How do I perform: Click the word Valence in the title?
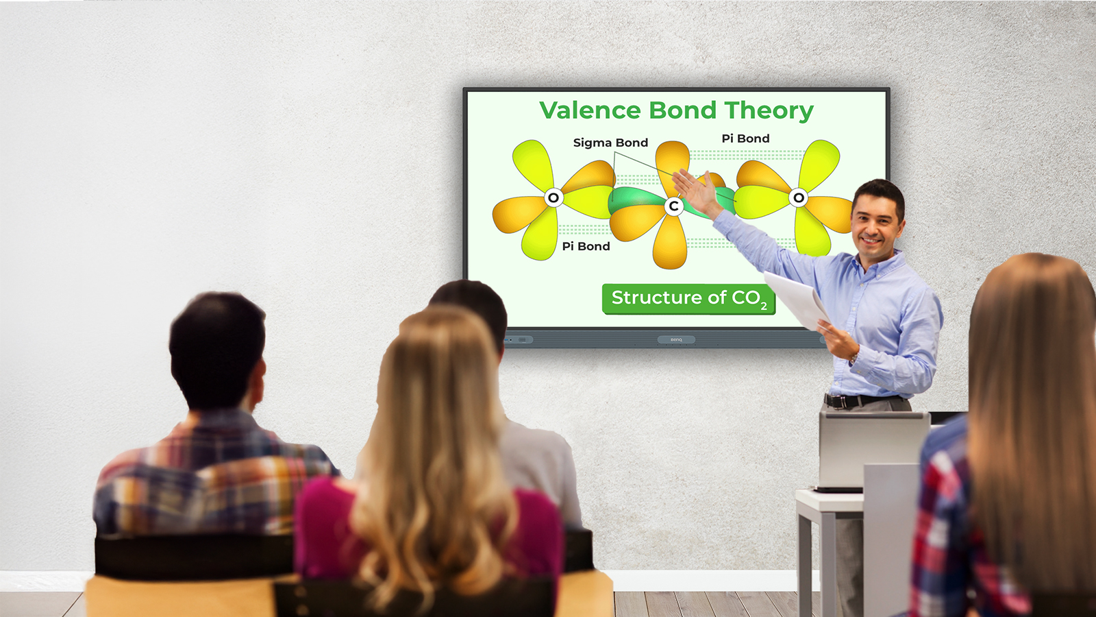pos(590,110)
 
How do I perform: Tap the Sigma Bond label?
pos(610,143)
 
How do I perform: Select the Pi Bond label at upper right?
pos(745,138)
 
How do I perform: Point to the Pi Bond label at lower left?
pos(586,246)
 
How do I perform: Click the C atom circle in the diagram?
pos(674,206)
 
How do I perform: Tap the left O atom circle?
pos(553,198)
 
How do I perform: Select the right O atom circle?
pos(798,198)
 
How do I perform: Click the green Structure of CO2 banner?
pos(688,299)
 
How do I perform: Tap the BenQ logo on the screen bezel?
pos(676,339)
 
